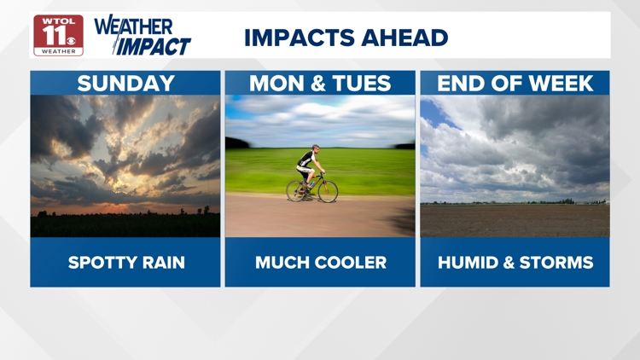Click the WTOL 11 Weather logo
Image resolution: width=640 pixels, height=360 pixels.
point(58,35)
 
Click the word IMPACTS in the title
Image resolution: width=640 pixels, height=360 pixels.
point(300,38)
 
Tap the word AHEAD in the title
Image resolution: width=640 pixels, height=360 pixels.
point(404,38)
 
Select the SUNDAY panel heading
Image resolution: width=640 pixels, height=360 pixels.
point(125,84)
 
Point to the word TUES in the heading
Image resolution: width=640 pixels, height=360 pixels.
point(362,84)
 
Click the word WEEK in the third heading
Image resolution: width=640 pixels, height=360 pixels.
point(561,84)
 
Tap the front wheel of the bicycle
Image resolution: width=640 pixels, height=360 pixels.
point(328,192)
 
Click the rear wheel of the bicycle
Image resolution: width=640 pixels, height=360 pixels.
point(296,190)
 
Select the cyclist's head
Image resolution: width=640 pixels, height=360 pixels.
point(315,148)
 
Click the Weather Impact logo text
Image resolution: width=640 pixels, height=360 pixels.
point(143,36)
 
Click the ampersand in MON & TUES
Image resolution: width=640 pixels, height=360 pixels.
point(318,84)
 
